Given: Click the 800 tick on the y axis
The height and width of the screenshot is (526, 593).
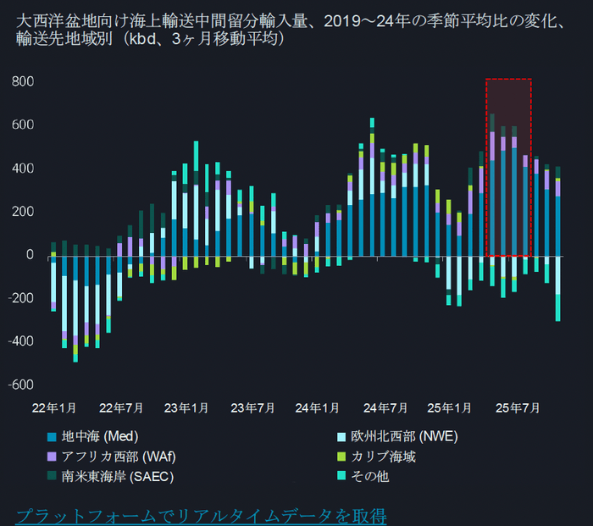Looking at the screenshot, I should pyautogui.click(x=22, y=81).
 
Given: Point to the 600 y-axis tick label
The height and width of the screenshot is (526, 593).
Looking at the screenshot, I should pyautogui.click(x=22, y=125).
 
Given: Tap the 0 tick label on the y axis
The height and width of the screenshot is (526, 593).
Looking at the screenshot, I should pyautogui.click(x=29, y=254).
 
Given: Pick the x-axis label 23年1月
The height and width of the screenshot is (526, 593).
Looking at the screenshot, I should pyautogui.click(x=186, y=408).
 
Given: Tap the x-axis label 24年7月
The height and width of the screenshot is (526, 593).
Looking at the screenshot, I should pyautogui.click(x=385, y=408).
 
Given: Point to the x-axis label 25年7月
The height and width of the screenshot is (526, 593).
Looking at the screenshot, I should pyautogui.click(x=518, y=408).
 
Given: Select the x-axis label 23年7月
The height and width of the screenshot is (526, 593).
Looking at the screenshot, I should pyautogui.click(x=252, y=408).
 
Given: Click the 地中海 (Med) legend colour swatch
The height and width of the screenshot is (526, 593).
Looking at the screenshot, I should pyautogui.click(x=51, y=438).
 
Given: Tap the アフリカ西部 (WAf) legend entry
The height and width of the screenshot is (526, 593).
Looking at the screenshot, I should pyautogui.click(x=118, y=457).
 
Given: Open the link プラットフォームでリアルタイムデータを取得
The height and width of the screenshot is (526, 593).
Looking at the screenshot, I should pyautogui.click(x=202, y=514).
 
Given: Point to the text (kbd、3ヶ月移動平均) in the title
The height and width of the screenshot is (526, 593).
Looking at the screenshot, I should pyautogui.click(x=203, y=39).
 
